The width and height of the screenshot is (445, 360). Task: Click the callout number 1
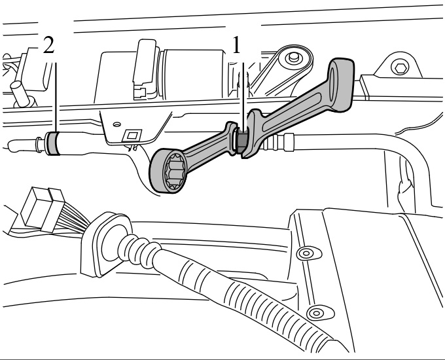tap(236, 45)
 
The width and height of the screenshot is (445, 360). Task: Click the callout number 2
tap(49, 45)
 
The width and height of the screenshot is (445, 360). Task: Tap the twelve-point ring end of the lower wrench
tap(168, 171)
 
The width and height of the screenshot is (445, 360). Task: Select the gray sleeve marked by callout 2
tap(52, 143)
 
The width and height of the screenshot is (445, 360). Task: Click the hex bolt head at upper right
tap(400, 68)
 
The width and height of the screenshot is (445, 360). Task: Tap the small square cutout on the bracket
tap(132, 135)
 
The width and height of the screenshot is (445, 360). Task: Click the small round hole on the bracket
tap(116, 124)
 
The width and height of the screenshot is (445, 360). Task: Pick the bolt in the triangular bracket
tap(293, 58)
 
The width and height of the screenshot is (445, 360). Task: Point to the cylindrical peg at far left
tap(21, 93)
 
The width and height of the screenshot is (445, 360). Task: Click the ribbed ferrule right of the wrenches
tap(279, 142)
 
